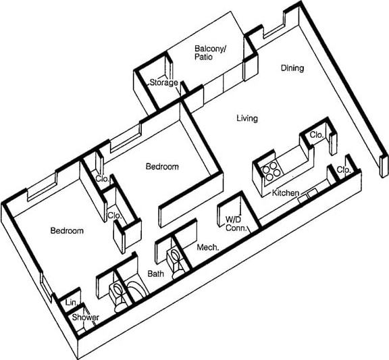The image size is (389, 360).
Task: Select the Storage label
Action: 163,83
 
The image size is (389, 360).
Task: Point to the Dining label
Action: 292,68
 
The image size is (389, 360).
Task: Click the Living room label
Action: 247,119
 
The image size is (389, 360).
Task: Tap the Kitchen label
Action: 285,194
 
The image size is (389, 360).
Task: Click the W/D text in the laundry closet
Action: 234,219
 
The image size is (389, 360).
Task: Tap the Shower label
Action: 86,317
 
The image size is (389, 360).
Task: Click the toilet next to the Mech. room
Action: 177,260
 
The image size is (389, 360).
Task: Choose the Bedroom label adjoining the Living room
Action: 162,167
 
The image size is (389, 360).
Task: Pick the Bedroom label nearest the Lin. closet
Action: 67,231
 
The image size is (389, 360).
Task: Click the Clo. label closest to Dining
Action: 316,134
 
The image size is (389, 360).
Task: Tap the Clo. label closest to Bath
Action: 113,216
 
